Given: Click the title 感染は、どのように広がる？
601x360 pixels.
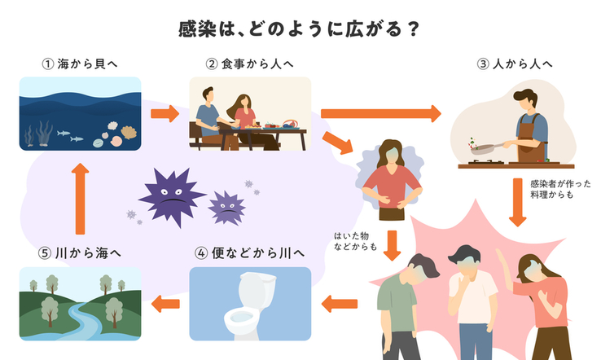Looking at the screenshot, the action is pos(300,29).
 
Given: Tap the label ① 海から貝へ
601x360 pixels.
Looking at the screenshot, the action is pos(80,64).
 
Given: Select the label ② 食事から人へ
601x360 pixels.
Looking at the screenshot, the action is pos(249,64).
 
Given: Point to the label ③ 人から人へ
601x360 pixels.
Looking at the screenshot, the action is pos(515,64).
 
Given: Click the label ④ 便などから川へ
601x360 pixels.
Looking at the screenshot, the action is pos(250,253).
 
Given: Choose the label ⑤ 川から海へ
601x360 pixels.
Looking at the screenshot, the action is pos(80,253).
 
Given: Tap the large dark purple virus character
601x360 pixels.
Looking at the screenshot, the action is pos(172,196).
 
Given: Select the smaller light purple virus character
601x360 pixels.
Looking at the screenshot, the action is pos(227,208).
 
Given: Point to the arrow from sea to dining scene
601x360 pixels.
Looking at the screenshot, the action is pos(165,113).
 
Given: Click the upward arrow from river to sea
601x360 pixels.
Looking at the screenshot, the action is pos(80,198).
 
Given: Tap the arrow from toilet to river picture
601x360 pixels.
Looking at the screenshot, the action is pos(165,304).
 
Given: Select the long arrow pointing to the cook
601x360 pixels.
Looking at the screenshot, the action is pos(381,113).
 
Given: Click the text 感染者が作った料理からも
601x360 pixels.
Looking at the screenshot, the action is pos(560,190).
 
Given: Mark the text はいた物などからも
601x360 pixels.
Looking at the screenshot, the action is pos(355,241).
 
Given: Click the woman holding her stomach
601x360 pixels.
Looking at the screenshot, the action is pos(392,180).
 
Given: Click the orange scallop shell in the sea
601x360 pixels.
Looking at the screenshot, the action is pos(129,133).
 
